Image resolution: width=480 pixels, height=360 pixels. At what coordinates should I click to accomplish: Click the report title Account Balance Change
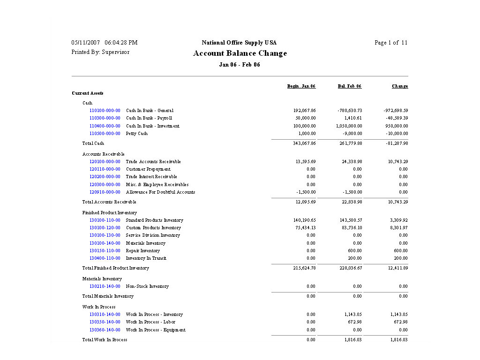[x=240, y=53]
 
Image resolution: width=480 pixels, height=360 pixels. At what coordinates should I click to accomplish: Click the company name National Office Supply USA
[x=239, y=43]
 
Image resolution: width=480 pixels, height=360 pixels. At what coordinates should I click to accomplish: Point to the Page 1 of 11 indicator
[x=391, y=43]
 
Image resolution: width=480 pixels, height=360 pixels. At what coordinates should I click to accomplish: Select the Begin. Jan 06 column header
[x=301, y=86]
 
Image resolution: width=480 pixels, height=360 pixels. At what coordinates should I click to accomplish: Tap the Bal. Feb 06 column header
[x=350, y=86]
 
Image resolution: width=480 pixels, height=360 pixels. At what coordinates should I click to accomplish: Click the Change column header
[x=400, y=86]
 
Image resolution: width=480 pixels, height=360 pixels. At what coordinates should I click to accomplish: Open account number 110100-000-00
[x=105, y=111]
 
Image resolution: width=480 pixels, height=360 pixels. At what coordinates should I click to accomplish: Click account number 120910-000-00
[x=105, y=192]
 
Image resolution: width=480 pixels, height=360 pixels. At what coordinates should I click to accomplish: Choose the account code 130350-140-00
[x=105, y=322]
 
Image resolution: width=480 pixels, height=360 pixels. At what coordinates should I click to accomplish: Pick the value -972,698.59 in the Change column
[x=396, y=111]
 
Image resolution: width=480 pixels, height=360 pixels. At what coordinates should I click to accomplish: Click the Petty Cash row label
[x=137, y=134]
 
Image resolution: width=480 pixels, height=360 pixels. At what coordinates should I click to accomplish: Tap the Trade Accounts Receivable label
[x=153, y=162]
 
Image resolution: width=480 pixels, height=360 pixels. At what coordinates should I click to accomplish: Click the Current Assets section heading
[x=88, y=93]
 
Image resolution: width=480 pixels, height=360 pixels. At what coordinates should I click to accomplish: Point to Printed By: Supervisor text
[x=100, y=52]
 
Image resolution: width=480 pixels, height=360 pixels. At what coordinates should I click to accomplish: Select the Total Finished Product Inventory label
[x=115, y=268]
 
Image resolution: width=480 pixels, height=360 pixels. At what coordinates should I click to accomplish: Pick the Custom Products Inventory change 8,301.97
[x=397, y=228]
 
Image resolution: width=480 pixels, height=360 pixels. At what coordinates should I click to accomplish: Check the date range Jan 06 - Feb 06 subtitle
[x=240, y=65]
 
